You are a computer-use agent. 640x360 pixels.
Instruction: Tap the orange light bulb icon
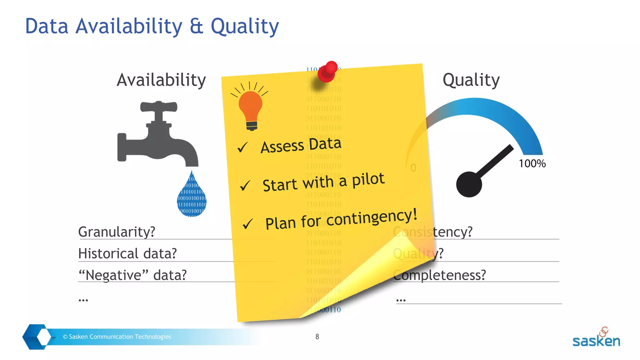coord(251,108)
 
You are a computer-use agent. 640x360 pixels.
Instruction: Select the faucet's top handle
coord(159,107)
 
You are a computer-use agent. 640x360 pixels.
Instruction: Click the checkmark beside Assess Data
coord(242,147)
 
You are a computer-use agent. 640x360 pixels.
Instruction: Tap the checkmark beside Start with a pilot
coord(245,186)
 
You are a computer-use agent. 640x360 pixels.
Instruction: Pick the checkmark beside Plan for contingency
coord(247,224)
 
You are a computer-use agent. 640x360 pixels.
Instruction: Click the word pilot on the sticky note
coord(368,180)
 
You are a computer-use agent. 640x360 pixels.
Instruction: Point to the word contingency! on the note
coord(372,218)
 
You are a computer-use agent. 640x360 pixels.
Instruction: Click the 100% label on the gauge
coord(532,163)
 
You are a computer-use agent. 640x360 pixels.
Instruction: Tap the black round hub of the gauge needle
coord(469,184)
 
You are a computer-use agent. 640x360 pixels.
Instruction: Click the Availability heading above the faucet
coord(161,80)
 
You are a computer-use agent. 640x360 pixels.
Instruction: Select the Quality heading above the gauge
coord(471,80)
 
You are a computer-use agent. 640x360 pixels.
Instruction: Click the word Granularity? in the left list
coord(117,232)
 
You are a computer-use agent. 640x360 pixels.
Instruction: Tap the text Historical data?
coord(127,253)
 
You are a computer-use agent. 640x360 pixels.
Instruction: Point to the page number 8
coord(317,337)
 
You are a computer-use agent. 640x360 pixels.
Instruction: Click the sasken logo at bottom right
coord(596,339)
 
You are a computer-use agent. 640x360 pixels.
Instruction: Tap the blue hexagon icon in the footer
coord(37,337)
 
